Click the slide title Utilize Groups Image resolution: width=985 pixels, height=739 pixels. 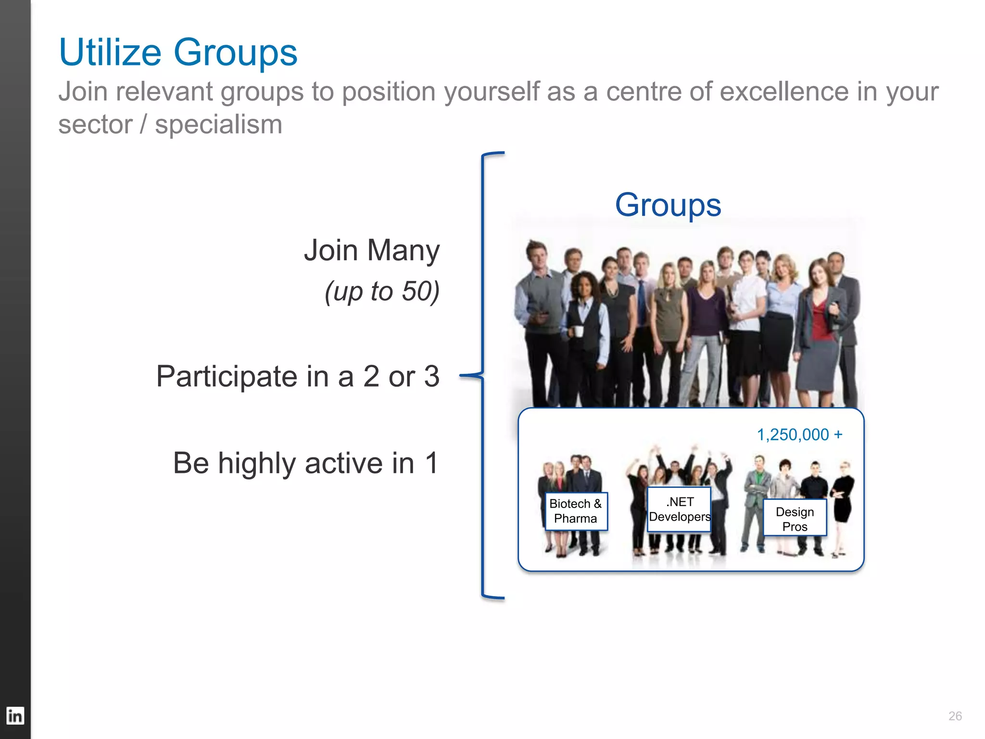178,52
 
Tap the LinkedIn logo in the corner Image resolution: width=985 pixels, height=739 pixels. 15,715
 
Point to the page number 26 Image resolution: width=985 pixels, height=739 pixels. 955,716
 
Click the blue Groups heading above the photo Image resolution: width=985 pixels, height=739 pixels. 668,205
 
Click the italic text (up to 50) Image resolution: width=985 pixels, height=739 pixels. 382,291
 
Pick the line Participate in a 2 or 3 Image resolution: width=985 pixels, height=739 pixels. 298,376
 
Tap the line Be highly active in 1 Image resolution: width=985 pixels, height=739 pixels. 306,463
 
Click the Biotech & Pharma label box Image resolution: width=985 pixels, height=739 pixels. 576,511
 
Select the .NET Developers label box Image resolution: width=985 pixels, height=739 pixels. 679,509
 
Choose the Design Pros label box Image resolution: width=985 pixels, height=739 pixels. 795,518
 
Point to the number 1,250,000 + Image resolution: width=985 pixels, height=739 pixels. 799,434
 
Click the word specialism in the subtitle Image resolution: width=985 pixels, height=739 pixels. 218,125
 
